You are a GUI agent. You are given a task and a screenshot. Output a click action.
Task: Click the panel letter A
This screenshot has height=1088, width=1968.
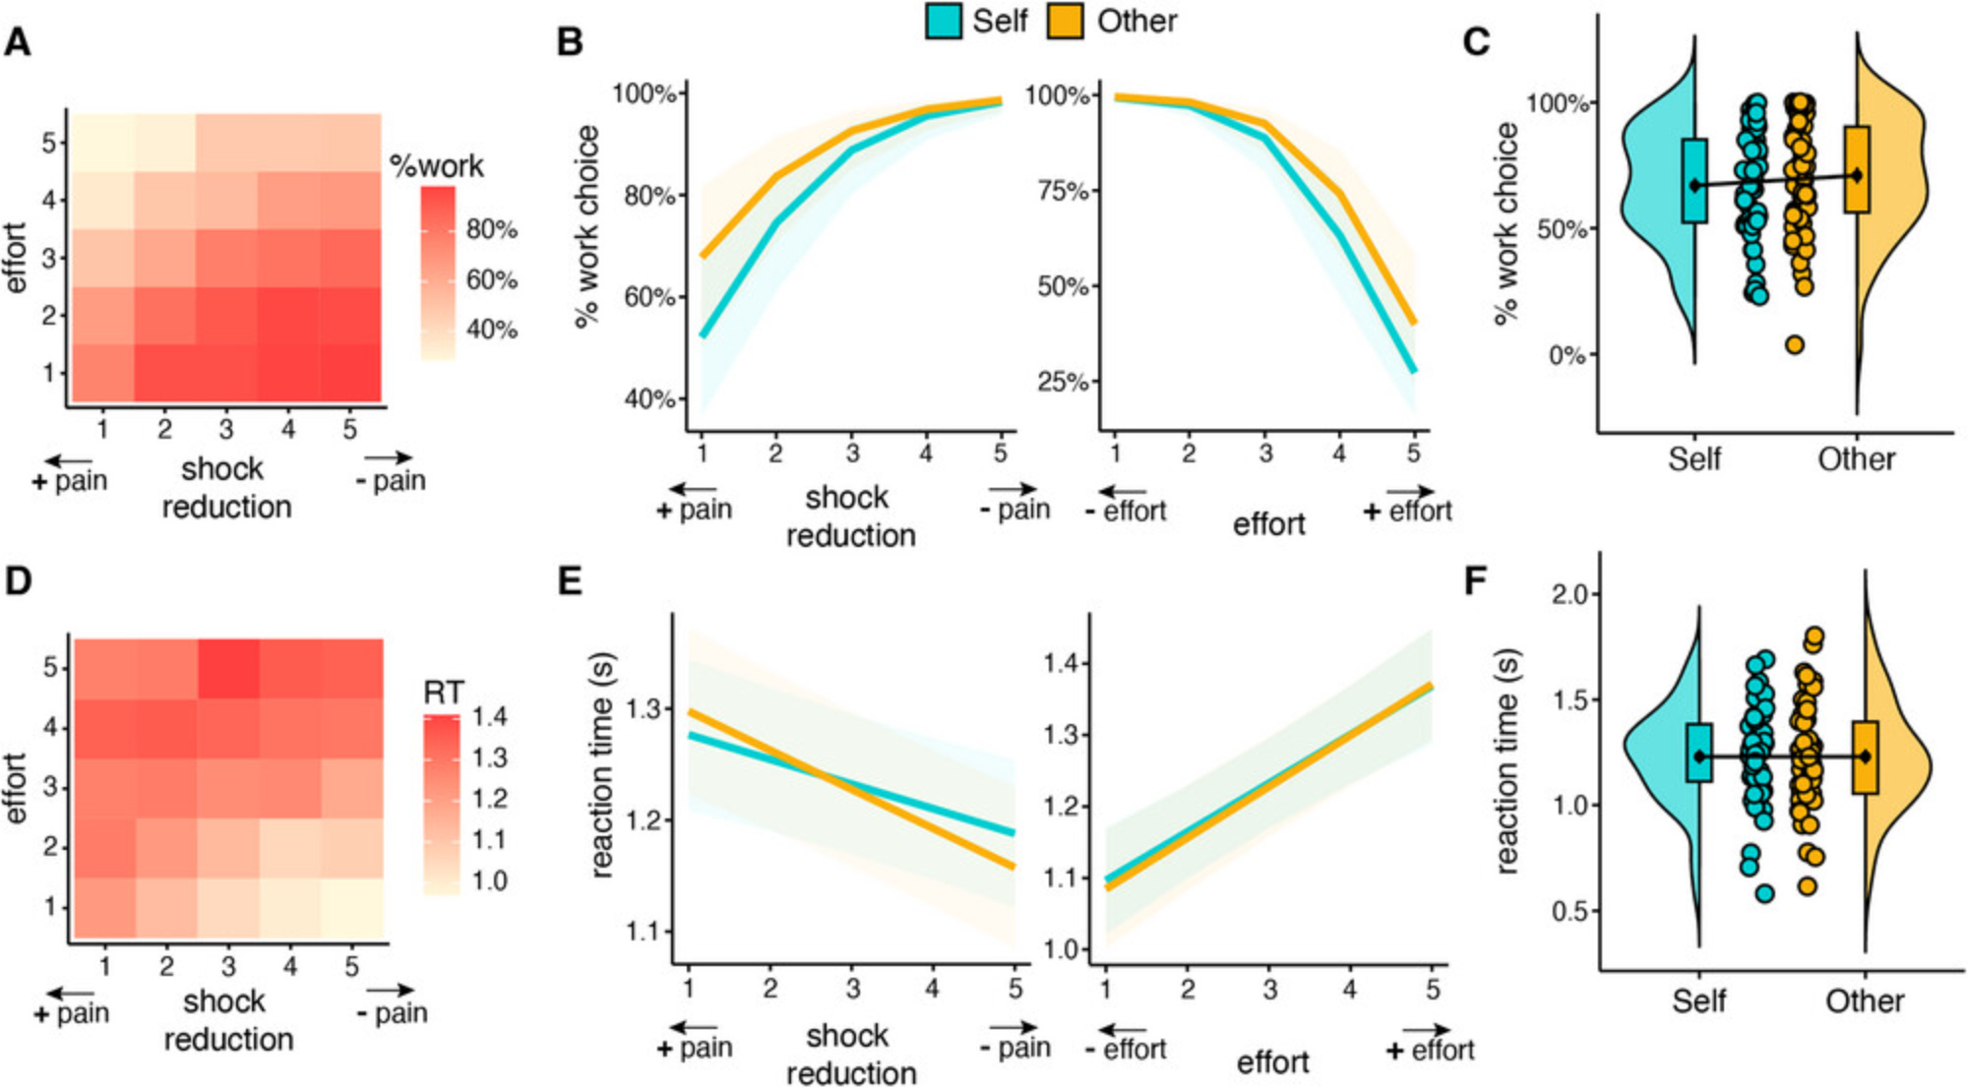(18, 43)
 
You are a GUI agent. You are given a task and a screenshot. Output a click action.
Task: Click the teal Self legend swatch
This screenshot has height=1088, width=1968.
(944, 22)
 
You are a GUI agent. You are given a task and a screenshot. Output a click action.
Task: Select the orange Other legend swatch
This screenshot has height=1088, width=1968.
(1066, 22)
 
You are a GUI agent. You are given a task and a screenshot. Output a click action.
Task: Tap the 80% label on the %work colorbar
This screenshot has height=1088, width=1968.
(491, 229)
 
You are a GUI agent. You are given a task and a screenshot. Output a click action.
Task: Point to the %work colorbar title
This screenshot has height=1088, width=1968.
(437, 166)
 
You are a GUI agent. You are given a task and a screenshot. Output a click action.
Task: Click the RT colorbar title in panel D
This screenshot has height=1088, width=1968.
(443, 693)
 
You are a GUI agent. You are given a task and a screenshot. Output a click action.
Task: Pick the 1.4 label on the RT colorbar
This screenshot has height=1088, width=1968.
(489, 716)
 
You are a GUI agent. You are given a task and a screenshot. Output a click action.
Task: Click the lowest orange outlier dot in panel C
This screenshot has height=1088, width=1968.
(1795, 344)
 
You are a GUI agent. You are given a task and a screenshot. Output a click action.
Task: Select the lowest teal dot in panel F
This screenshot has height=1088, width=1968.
(1765, 893)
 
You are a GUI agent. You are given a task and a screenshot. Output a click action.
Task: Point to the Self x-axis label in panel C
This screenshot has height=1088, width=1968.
(1694, 459)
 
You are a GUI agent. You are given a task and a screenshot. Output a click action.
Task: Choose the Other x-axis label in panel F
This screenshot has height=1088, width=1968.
(1865, 1001)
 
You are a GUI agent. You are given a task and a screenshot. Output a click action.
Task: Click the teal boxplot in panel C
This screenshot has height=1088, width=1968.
(1694, 181)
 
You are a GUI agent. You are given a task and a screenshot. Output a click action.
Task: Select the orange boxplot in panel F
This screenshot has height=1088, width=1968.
(1865, 756)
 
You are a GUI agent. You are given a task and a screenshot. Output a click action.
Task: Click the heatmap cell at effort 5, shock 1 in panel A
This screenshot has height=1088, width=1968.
(102, 143)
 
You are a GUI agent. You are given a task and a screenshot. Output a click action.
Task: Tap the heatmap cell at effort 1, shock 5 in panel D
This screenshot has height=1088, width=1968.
(351, 907)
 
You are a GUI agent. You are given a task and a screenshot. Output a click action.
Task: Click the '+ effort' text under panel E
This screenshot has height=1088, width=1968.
(1430, 1051)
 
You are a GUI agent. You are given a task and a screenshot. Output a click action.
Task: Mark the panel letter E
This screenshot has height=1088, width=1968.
(570, 581)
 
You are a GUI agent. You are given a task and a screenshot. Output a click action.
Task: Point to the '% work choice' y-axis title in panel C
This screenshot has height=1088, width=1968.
(1506, 224)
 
